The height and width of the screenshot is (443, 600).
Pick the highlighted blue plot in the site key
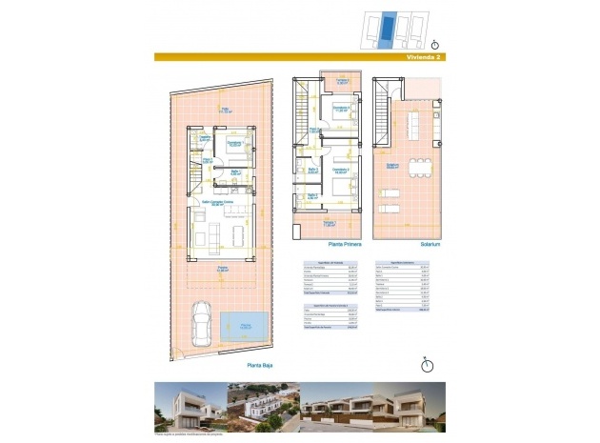tap(384, 30)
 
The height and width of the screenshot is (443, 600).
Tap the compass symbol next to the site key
tap(435, 43)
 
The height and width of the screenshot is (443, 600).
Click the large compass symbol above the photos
tap(427, 363)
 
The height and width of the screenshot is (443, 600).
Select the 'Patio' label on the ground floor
tap(226, 110)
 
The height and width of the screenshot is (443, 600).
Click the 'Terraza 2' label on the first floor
tap(328, 81)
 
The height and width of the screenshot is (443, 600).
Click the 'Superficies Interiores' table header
tap(408, 260)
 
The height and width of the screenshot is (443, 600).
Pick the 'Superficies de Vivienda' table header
tap(323, 260)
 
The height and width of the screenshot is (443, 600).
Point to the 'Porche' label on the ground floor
tap(221, 268)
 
